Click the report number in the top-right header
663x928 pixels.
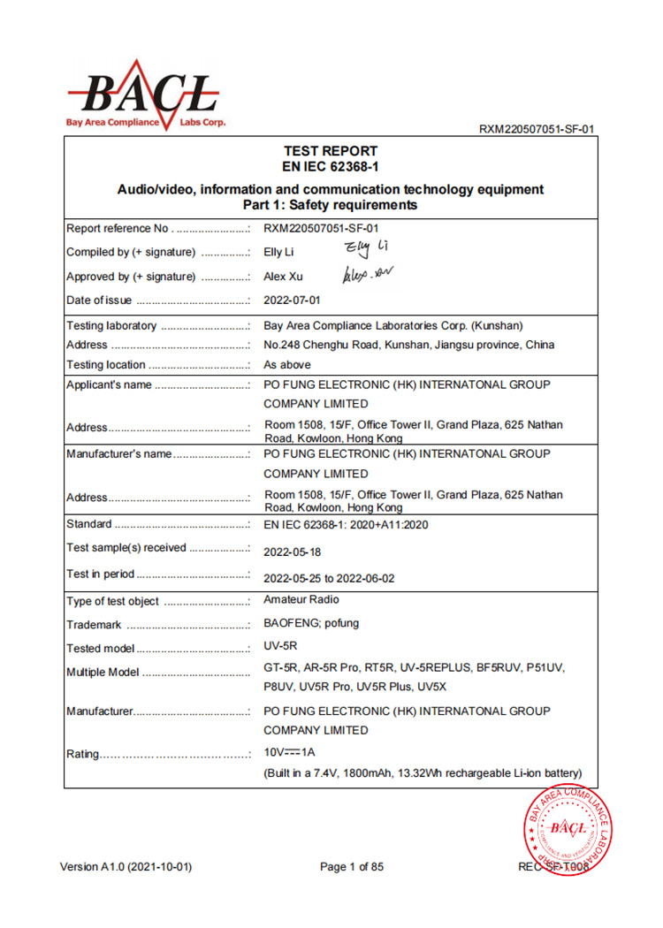coord(536,129)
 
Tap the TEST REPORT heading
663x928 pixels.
coord(330,151)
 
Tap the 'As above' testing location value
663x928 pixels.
coord(287,364)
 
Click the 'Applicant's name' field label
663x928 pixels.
coord(110,384)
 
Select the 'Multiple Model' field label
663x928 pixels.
coord(103,673)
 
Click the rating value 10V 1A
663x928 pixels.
coord(290,752)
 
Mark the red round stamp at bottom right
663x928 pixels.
coord(568,830)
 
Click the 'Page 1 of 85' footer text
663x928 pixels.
coord(352,867)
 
